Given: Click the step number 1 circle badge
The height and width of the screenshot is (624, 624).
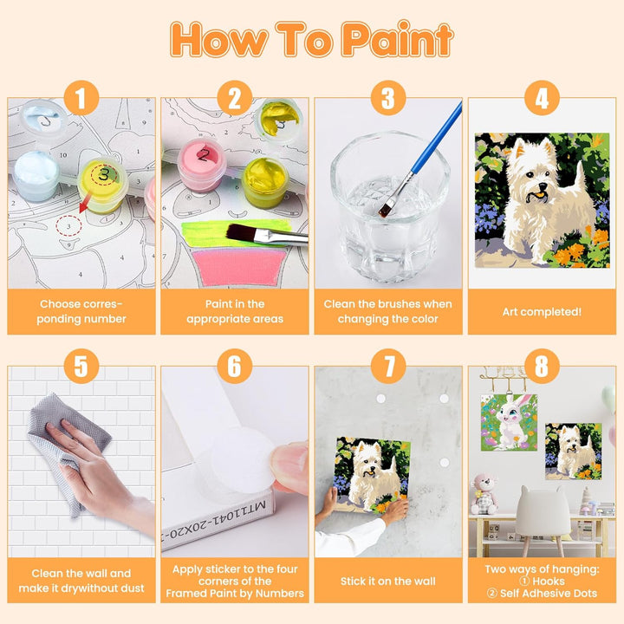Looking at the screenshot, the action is (81, 98).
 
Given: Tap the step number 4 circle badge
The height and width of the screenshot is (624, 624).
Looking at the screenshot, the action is (542, 98).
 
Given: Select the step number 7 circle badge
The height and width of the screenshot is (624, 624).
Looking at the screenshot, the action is (388, 366).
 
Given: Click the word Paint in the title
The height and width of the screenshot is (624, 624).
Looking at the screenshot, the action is (398, 39).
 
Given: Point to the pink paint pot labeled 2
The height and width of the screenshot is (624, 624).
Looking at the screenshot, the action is (202, 164).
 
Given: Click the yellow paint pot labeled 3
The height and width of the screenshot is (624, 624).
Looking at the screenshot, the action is (103, 185).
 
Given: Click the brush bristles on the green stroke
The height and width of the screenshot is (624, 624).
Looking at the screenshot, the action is (241, 232).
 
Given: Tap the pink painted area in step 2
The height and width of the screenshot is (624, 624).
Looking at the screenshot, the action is (239, 266).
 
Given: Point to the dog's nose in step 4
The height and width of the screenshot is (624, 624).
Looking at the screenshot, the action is (543, 186).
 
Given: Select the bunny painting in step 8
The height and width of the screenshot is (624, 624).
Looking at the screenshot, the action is (509, 423).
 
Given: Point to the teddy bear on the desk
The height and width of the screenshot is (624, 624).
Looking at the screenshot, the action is (483, 494).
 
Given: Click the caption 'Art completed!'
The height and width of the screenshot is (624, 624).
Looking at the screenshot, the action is (542, 312).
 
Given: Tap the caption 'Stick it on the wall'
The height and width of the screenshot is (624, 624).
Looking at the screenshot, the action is (388, 581).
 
